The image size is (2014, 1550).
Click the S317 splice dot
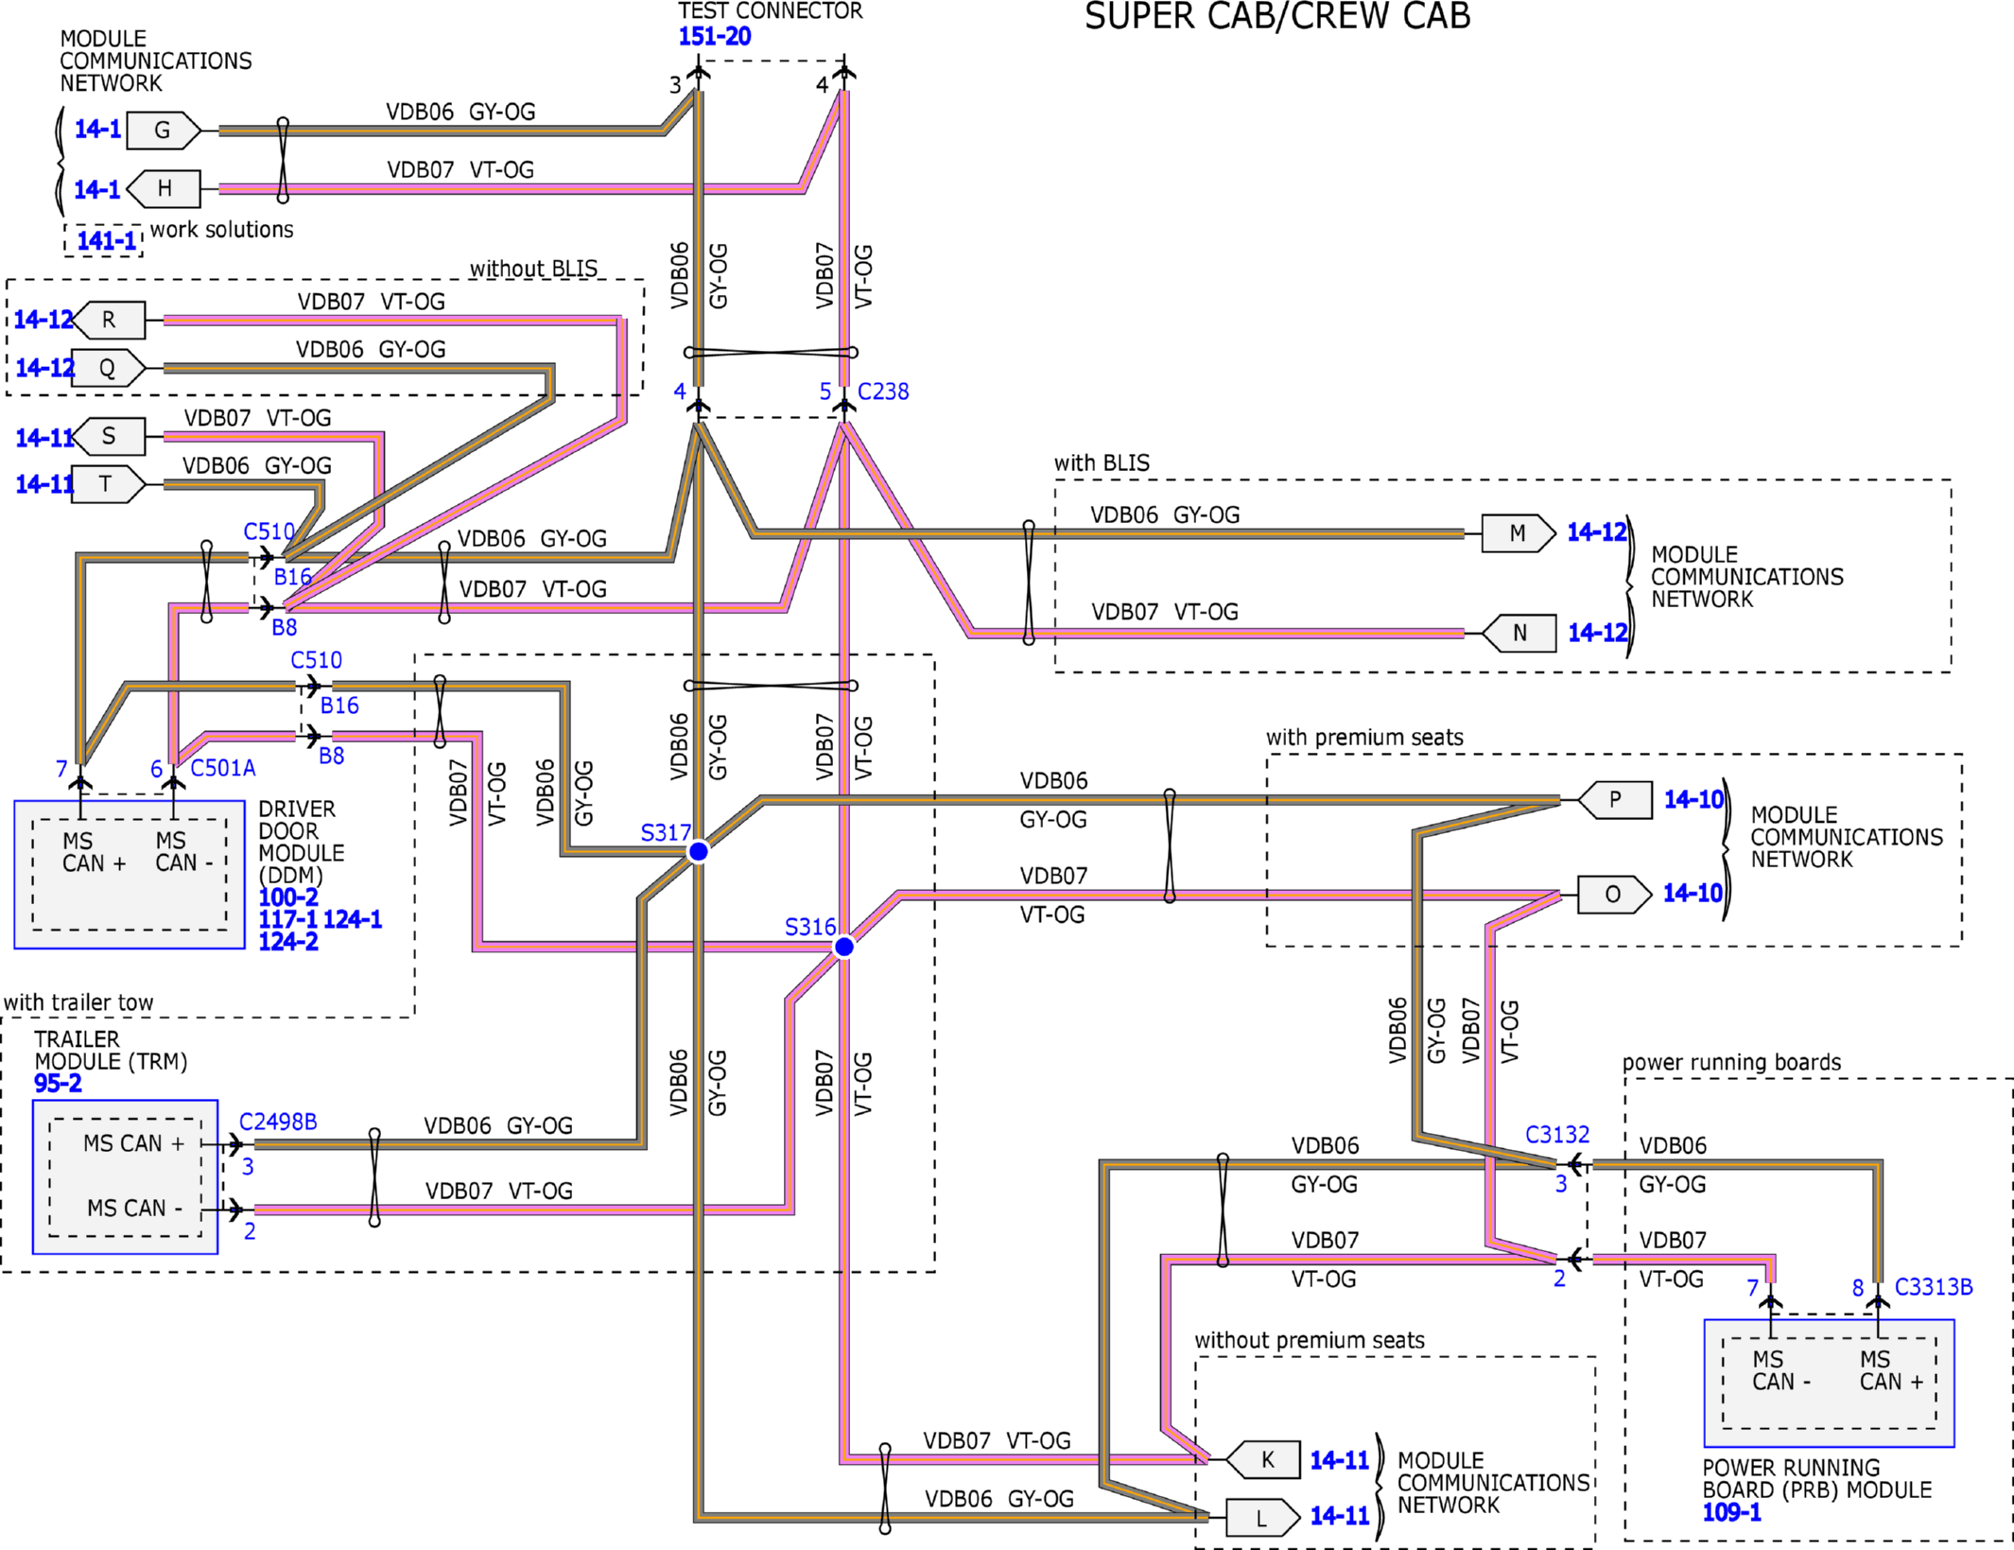[x=699, y=852]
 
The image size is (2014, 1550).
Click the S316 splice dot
[x=844, y=947]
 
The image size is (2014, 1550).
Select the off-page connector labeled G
[x=164, y=131]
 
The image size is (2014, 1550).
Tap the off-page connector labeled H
[x=164, y=189]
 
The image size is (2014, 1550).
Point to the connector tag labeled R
[x=110, y=321]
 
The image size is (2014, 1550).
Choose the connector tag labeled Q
[x=109, y=368]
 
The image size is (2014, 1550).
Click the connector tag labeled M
[x=1519, y=533]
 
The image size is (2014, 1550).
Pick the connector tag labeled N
[x=1519, y=633]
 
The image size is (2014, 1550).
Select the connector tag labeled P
[x=1616, y=799]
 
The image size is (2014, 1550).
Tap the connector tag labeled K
[x=1264, y=1460]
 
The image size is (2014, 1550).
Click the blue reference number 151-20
[x=715, y=37]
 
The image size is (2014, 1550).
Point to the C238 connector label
[x=883, y=392]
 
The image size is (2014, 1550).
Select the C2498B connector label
[x=278, y=1122]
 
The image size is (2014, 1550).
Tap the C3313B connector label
[x=1934, y=1287]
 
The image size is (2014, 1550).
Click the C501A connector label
[x=223, y=768]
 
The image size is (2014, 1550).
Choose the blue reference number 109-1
[x=1732, y=1513]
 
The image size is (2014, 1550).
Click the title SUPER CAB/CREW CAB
[x=1277, y=17]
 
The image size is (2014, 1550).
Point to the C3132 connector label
[x=1557, y=1135]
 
